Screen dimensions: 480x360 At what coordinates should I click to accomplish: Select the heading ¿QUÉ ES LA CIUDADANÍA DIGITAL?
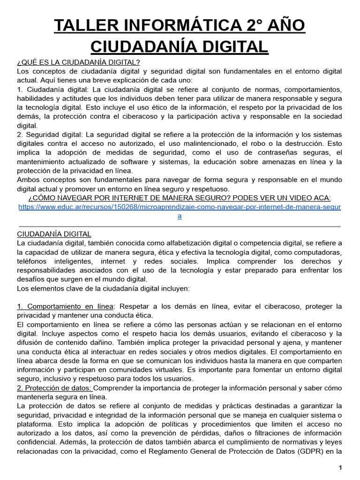click(x=78, y=62)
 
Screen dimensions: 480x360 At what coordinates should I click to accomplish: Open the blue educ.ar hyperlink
click(x=180, y=207)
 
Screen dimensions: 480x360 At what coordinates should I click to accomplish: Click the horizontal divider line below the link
click(x=180, y=226)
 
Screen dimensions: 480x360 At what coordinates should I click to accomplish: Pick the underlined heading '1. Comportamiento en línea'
click(x=65, y=306)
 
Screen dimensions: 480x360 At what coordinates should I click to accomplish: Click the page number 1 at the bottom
click(x=341, y=468)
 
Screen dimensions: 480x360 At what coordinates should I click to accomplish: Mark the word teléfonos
click(x=33, y=261)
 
